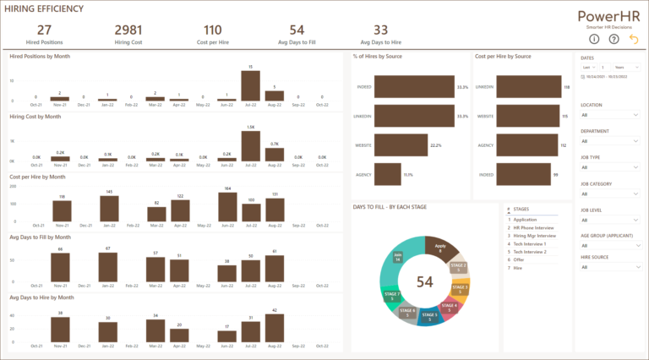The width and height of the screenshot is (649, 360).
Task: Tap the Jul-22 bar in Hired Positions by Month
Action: coord(249,85)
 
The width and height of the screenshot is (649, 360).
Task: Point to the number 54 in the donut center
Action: coord(424,281)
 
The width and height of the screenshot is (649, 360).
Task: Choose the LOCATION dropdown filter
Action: coord(610,115)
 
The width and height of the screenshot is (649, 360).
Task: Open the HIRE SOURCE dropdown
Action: coord(610,268)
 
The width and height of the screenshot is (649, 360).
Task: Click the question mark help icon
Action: coord(614,39)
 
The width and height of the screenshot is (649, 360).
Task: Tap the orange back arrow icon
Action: coord(634,39)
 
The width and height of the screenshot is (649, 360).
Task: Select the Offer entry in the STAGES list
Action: coord(519,259)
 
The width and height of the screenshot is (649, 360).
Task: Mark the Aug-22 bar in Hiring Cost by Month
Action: coord(274,152)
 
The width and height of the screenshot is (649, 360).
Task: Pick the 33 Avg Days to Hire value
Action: coord(380,30)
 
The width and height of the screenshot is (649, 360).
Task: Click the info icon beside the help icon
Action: coord(594,39)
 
